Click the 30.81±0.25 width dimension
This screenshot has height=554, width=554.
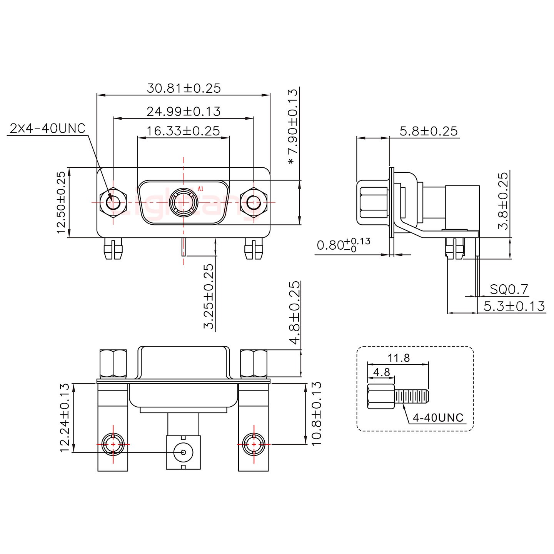[184, 88]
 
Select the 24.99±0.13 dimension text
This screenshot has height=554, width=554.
[184, 112]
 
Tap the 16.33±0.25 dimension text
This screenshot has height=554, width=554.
[183, 131]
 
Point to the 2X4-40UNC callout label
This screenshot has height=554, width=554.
[47, 128]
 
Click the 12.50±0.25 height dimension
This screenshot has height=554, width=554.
[61, 203]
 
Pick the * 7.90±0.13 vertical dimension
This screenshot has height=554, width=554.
[293, 127]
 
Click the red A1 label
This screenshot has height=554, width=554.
[200, 189]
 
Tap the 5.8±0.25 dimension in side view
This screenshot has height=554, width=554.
[429, 132]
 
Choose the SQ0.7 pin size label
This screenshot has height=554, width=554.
[509, 289]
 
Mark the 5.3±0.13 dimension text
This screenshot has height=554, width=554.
[514, 306]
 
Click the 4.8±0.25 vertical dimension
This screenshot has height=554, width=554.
[294, 312]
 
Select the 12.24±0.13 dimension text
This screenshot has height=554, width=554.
[65, 417]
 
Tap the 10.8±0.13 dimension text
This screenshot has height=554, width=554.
[316, 414]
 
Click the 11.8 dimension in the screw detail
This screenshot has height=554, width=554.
[399, 358]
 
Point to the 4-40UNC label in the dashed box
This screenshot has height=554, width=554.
[438, 417]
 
